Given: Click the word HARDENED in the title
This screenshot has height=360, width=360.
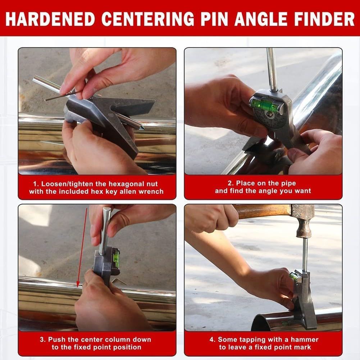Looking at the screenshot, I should click(x=50, y=18).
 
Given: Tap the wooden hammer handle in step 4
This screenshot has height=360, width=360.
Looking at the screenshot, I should click(x=263, y=211).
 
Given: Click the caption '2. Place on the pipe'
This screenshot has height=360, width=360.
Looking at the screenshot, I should click(x=263, y=187).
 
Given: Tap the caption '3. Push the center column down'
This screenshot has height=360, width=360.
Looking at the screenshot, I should click(x=96, y=343).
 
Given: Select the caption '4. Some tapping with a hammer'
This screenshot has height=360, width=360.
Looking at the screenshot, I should click(x=263, y=343).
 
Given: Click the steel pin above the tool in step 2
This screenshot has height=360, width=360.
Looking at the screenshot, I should click(x=272, y=68).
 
